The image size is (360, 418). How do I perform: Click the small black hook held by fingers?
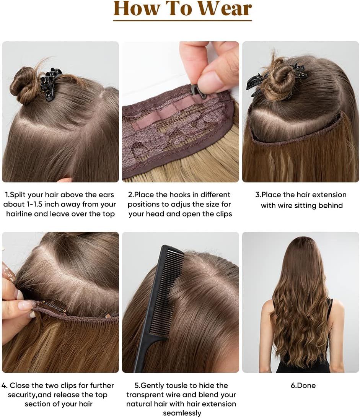click(199, 91)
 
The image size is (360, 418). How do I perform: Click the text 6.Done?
click(303, 385)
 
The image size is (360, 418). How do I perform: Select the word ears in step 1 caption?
click(106, 195)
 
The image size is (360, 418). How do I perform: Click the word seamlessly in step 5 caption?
click(182, 413)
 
